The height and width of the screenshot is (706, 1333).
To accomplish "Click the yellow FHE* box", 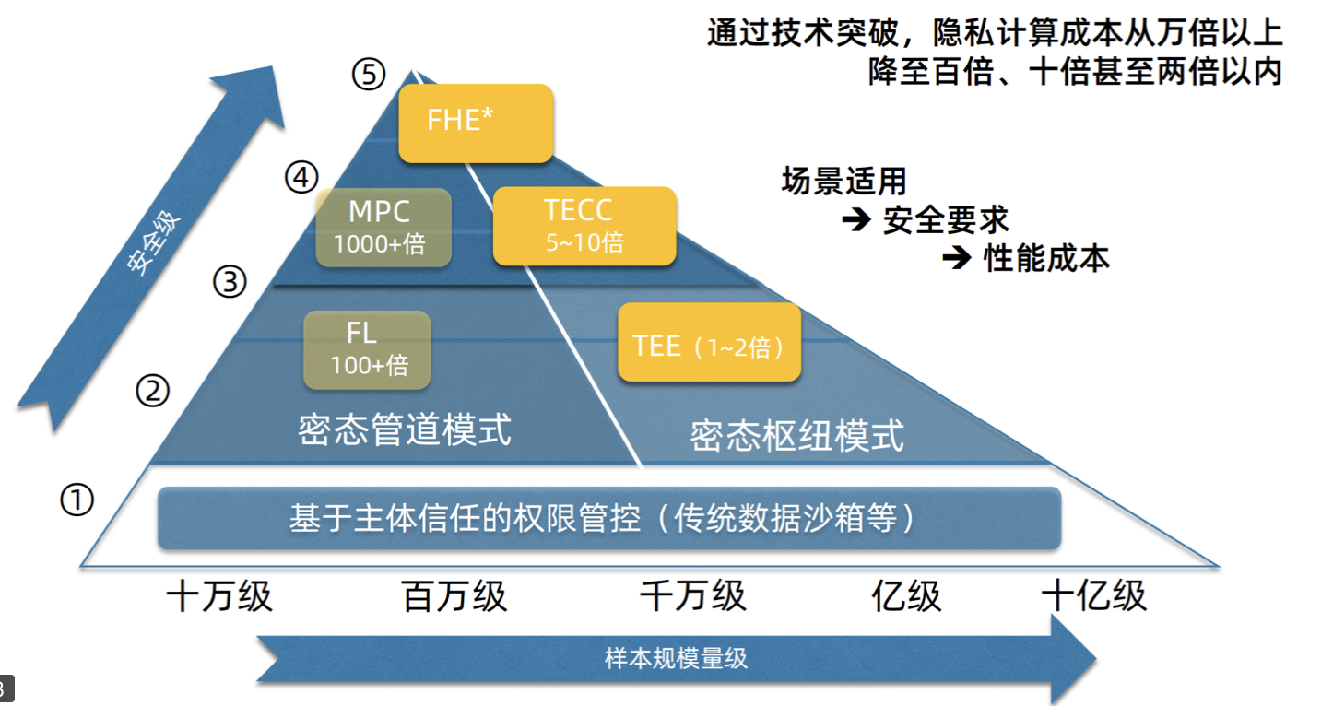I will click(x=476, y=123).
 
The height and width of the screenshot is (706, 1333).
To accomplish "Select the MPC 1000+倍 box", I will click(x=383, y=228).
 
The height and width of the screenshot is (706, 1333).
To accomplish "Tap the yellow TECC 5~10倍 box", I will click(x=584, y=226).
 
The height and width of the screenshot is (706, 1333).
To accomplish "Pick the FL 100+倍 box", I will click(x=367, y=349).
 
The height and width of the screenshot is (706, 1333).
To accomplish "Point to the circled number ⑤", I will click(x=369, y=75).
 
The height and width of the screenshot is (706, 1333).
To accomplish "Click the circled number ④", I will click(x=301, y=178).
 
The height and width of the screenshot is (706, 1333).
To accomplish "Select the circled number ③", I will click(x=230, y=282).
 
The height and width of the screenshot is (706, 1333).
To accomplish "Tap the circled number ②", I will click(x=153, y=392).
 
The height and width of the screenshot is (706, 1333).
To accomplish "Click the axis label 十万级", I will click(x=219, y=597).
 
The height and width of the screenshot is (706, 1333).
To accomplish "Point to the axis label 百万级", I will click(x=455, y=597).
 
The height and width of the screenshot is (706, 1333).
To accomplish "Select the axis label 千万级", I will click(x=692, y=597).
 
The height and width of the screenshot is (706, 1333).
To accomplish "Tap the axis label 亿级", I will click(x=906, y=597).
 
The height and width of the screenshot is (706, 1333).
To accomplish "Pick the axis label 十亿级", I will click(x=1094, y=597).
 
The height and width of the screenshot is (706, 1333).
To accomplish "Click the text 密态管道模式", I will click(x=405, y=429).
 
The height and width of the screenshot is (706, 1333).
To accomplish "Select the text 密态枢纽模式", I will click(x=797, y=435).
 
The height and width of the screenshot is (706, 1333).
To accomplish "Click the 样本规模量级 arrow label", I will click(x=676, y=659).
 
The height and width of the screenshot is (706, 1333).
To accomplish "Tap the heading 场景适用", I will click(x=843, y=181).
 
